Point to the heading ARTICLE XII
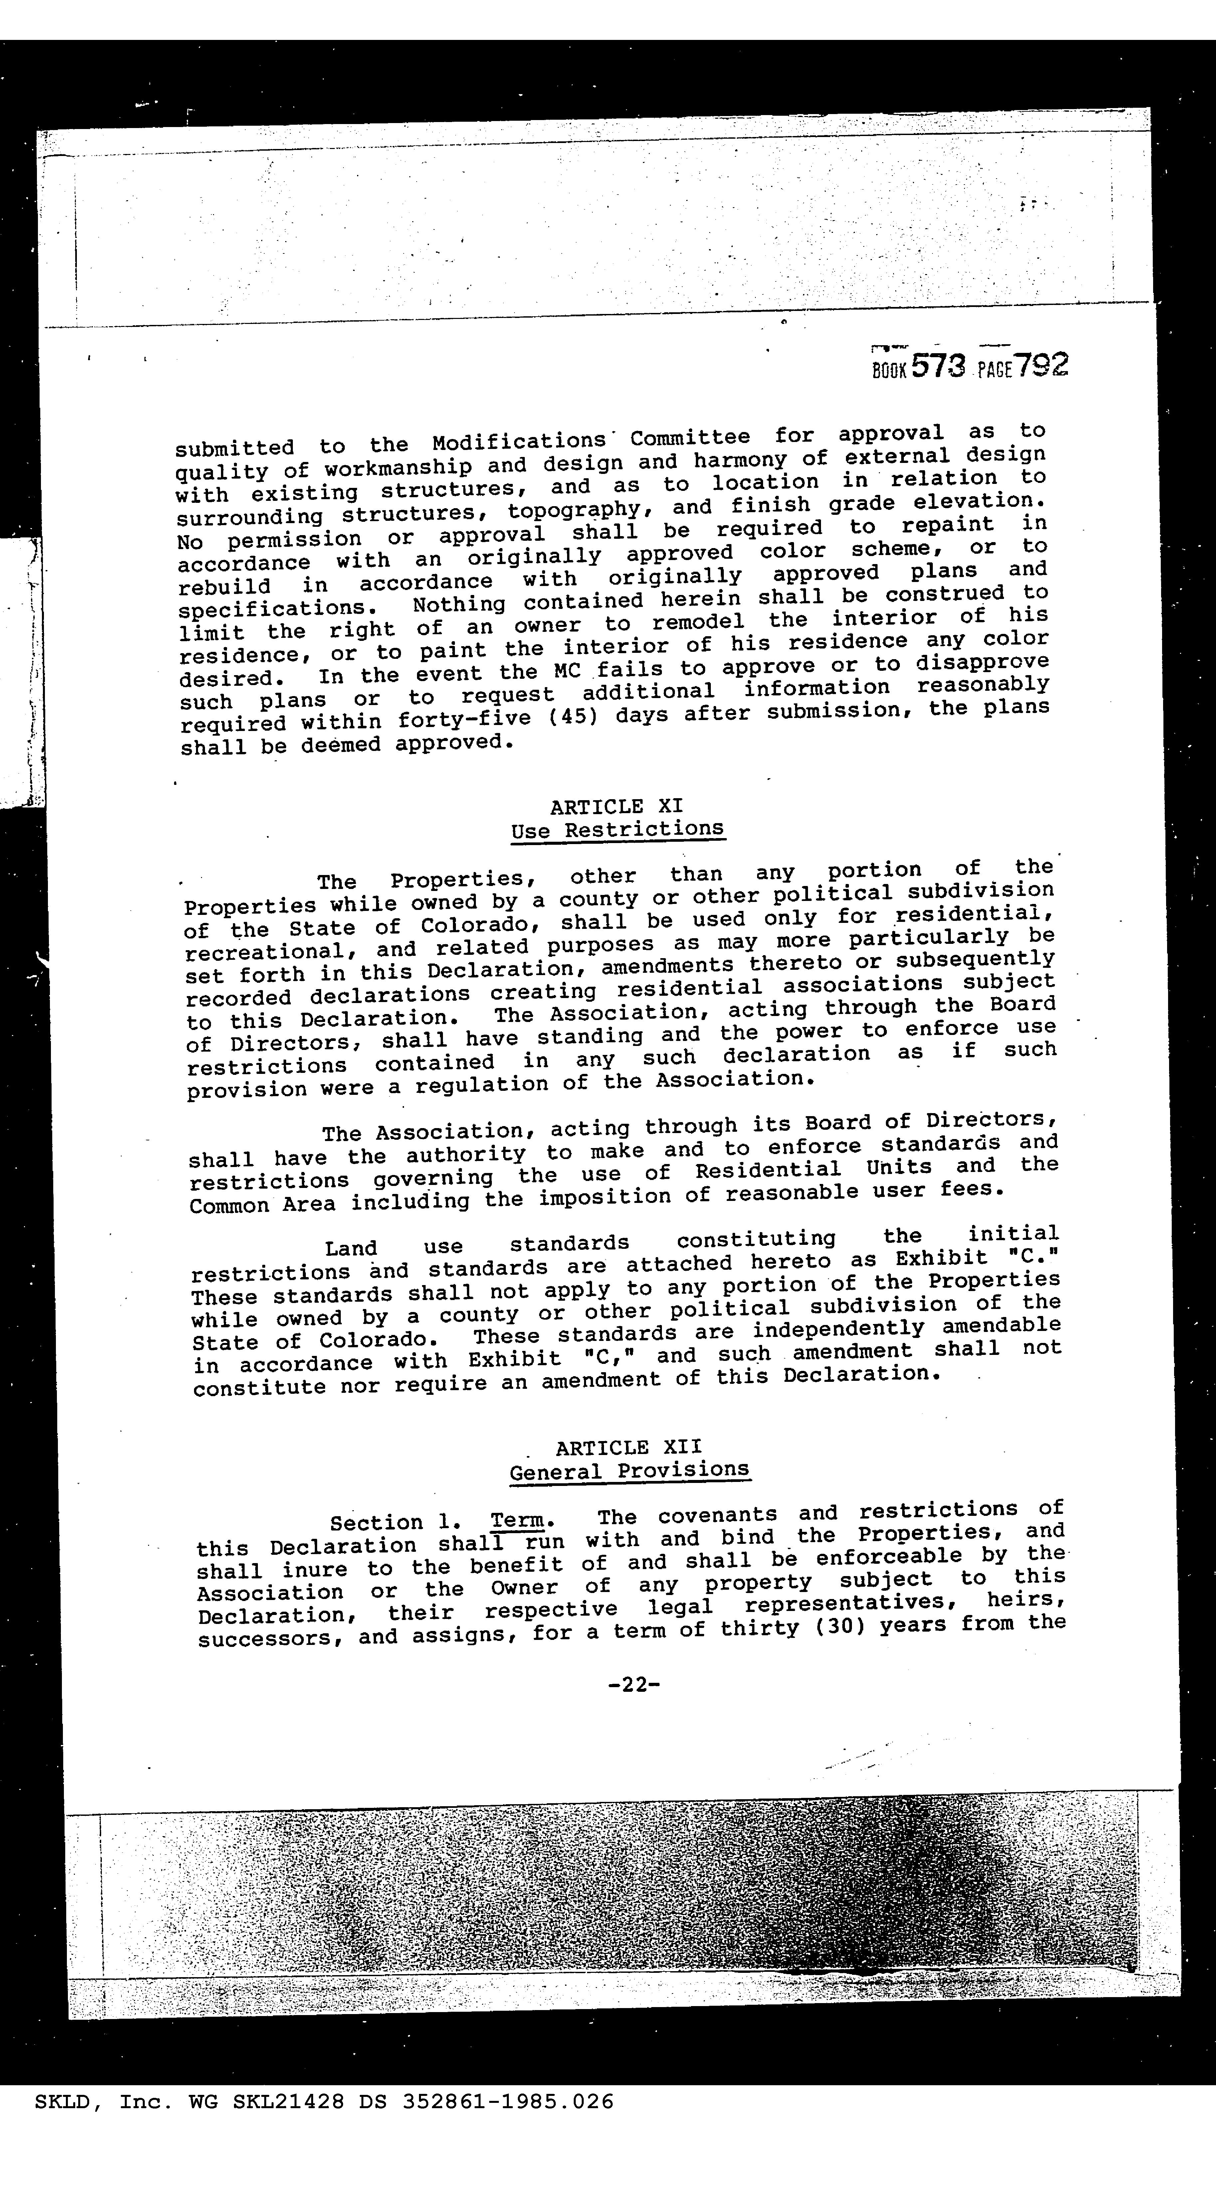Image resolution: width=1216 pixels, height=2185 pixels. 629,1447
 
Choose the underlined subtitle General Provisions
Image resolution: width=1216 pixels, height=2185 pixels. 630,1470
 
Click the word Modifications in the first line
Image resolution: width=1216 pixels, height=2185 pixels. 517,442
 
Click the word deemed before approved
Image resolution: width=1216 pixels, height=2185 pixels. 340,746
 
